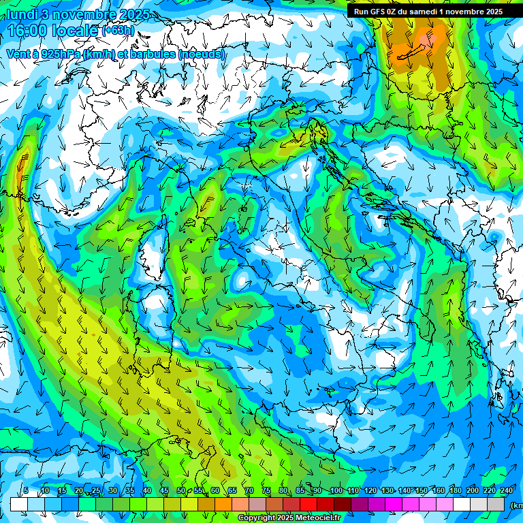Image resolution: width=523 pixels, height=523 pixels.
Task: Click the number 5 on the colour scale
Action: [x=26, y=491]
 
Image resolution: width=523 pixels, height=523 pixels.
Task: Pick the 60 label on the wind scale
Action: [x=215, y=491]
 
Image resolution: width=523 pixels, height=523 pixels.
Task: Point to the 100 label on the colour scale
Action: [x=336, y=491]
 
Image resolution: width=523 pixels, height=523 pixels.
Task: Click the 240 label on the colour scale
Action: [x=507, y=491]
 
